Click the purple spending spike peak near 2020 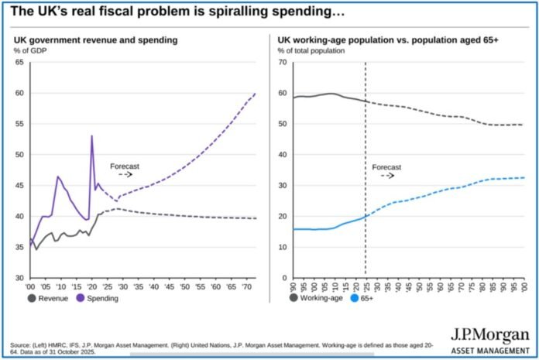(92, 136)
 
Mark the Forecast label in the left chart (124, 166)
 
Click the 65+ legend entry (366, 298)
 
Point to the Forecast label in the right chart (386, 166)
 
